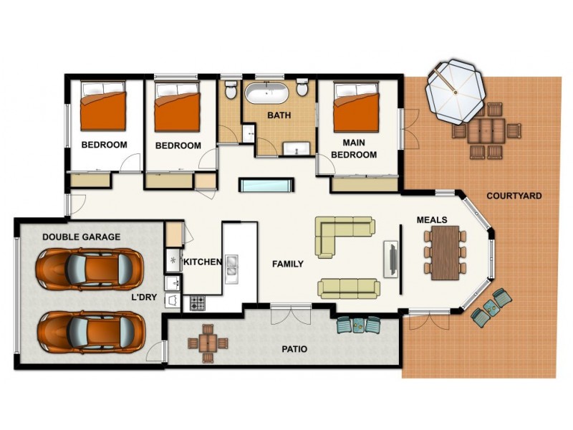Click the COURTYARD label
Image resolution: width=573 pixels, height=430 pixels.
click(514, 196)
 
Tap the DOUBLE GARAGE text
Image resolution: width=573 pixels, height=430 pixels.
click(81, 236)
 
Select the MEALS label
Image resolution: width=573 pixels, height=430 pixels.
click(432, 220)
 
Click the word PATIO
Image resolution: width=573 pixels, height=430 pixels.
click(294, 350)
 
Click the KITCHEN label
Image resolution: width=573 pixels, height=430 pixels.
click(203, 262)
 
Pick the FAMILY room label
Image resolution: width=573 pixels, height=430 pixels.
click(288, 264)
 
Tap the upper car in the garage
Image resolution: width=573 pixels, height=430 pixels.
click(87, 268)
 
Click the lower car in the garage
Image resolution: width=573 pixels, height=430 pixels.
click(87, 331)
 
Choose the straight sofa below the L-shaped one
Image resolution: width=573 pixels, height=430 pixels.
click(349, 288)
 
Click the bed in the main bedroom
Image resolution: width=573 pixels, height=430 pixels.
click(356, 107)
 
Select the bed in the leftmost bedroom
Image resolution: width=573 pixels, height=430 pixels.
click(102, 107)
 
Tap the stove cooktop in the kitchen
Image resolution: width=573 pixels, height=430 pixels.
click(198, 302)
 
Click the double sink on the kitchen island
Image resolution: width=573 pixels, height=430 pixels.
click(231, 267)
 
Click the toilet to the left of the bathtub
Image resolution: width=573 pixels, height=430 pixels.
click(231, 91)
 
